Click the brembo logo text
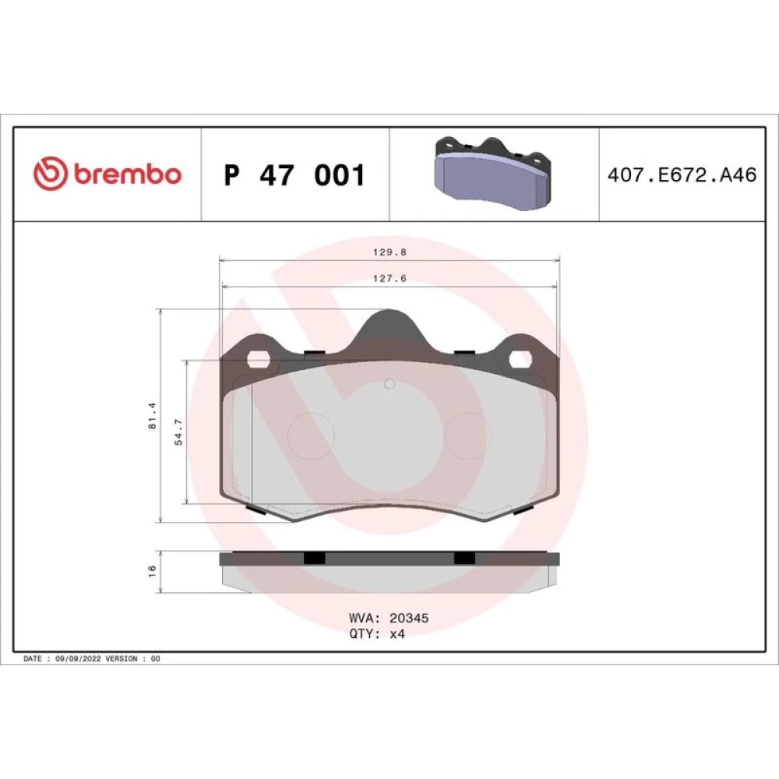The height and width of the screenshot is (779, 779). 128,174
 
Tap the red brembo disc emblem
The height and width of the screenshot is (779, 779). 50,173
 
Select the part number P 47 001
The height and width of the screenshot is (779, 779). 294,174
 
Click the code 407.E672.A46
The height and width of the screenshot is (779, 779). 682,174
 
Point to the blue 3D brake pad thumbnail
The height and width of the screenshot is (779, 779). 493,173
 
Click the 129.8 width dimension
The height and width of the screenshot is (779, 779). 389,252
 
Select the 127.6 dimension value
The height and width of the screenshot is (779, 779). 389,279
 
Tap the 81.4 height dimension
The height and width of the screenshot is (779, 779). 153,416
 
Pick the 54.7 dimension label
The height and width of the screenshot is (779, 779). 178,432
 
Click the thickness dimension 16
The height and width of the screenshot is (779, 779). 152,571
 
